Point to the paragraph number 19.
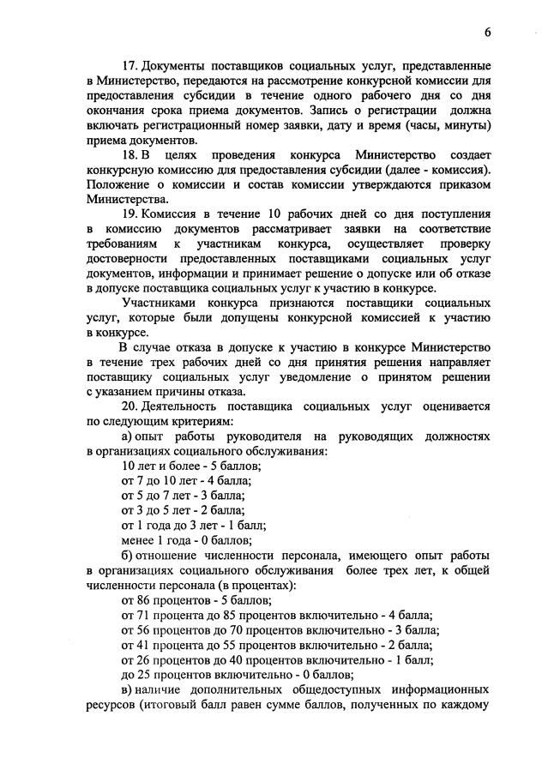click(130, 214)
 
